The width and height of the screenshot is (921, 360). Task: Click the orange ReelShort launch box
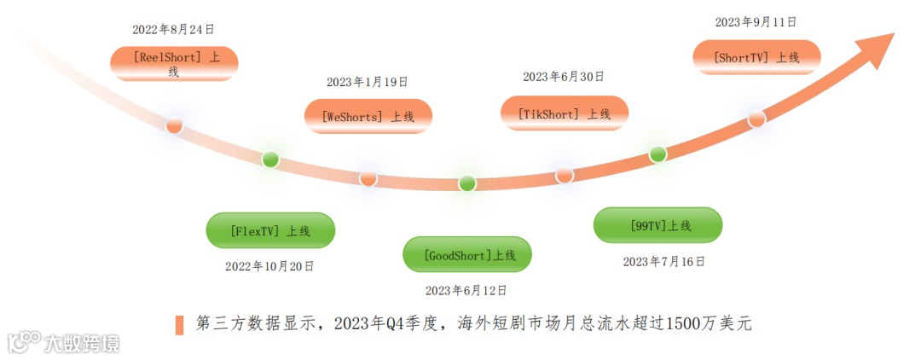click(x=174, y=64)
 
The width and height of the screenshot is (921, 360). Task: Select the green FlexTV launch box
click(x=270, y=230)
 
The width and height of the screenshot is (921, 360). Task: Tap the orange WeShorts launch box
click(x=368, y=117)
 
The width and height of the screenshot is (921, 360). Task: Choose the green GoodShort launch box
click(x=467, y=254)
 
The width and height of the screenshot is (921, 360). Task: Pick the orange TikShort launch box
click(x=565, y=113)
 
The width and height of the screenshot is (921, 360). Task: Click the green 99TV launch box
click(x=657, y=225)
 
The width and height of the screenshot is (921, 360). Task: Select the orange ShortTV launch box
click(x=757, y=57)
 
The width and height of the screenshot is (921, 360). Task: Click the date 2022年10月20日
click(x=269, y=266)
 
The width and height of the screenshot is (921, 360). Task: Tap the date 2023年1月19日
click(x=368, y=82)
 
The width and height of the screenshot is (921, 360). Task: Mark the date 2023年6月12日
click(x=466, y=290)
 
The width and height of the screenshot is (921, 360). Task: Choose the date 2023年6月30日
click(x=564, y=77)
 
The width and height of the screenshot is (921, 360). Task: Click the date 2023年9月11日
click(x=756, y=22)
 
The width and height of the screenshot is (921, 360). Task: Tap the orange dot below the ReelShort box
click(x=174, y=125)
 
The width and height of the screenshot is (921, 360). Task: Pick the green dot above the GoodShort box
click(x=467, y=183)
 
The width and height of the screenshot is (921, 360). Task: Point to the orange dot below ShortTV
click(x=756, y=119)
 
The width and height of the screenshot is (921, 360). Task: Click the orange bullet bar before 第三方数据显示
click(x=180, y=325)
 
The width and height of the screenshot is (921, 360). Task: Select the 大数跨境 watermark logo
click(x=64, y=343)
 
